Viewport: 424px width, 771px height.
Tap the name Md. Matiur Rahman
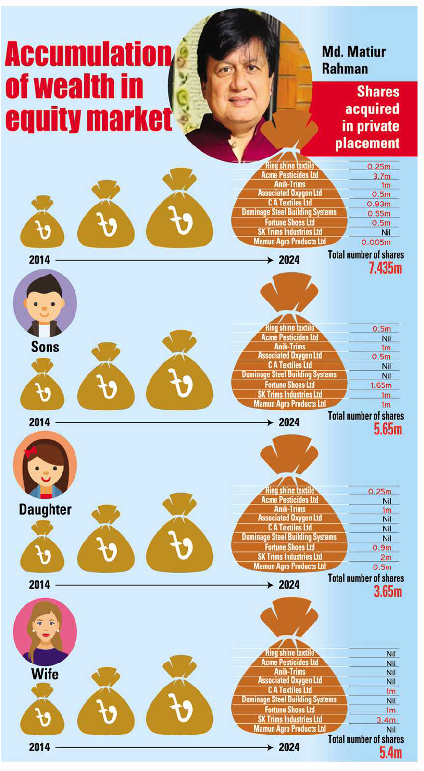click(x=353, y=60)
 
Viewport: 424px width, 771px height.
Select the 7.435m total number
click(x=385, y=268)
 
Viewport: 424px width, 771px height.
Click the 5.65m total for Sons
click(x=387, y=429)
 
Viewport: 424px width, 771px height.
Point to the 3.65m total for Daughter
click(x=387, y=591)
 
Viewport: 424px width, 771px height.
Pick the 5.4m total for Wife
click(x=390, y=752)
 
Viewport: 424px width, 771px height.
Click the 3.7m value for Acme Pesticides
click(x=382, y=176)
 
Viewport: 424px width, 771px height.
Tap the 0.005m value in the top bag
click(x=376, y=242)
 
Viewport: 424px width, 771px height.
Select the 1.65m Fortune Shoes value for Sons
click(x=381, y=385)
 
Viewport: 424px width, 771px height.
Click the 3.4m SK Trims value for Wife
click(x=386, y=720)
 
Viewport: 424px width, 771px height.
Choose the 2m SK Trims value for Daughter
click(x=386, y=557)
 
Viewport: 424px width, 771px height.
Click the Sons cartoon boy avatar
click(x=44, y=304)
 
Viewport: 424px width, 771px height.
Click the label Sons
click(x=45, y=347)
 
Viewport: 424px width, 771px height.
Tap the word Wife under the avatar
click(x=45, y=674)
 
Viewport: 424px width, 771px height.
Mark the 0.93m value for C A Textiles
click(x=379, y=204)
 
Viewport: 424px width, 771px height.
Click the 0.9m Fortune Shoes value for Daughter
click(x=382, y=548)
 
